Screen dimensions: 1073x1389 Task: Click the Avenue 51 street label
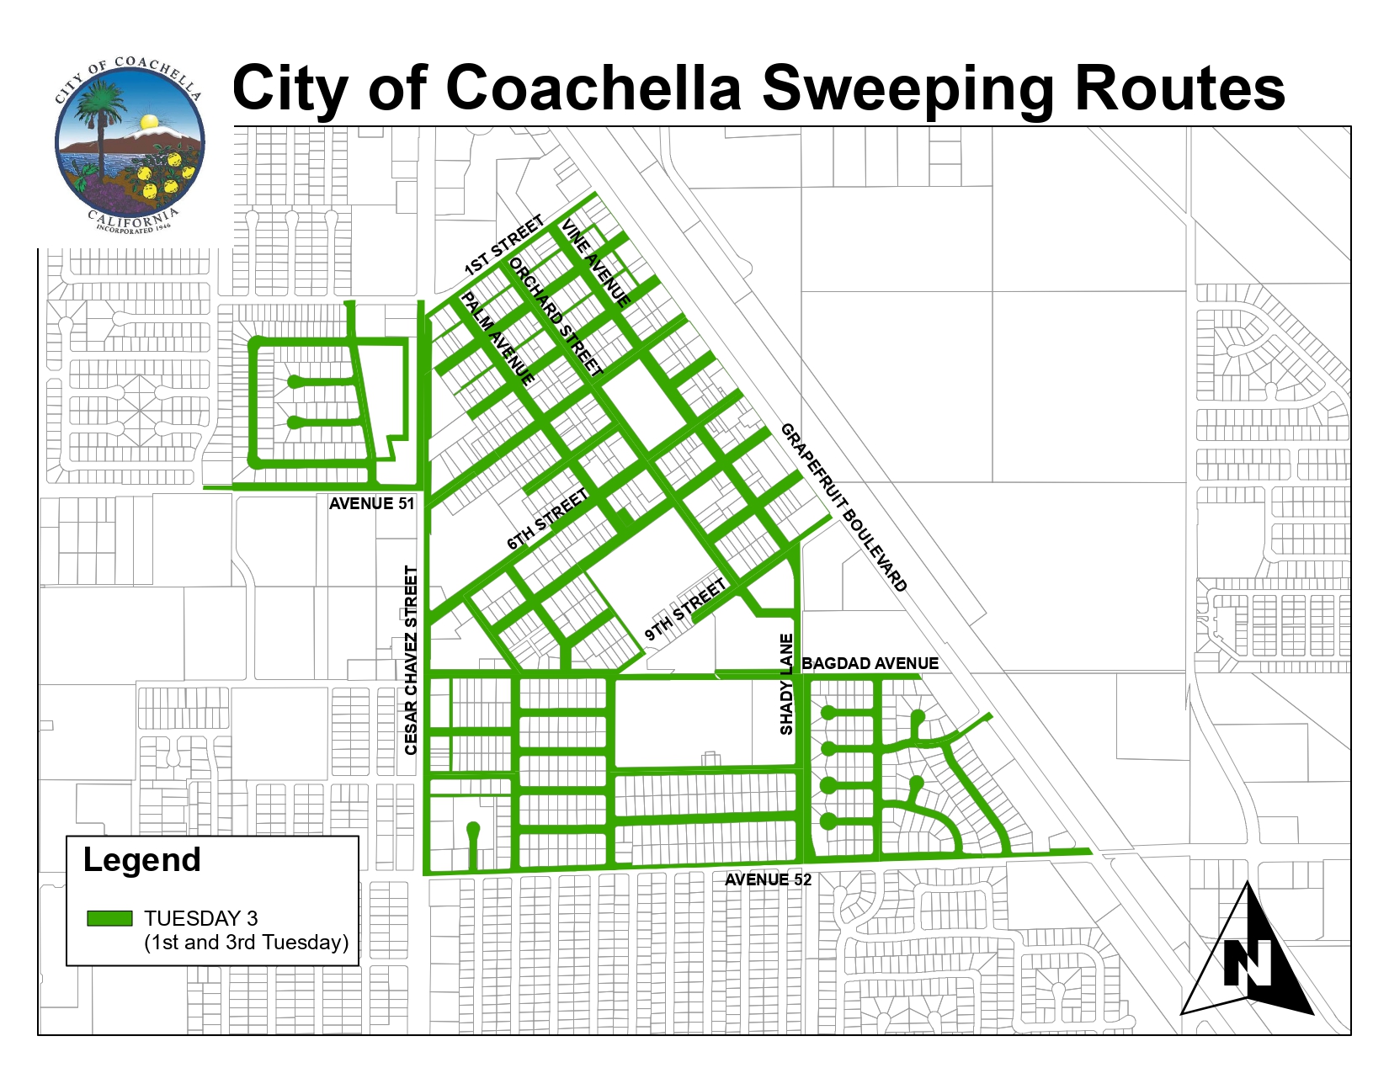(371, 503)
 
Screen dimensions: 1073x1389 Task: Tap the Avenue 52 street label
(768, 879)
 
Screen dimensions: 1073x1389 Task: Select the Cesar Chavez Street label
(411, 660)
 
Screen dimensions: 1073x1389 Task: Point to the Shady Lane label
(786, 684)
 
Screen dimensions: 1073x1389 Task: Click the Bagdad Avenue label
(870, 663)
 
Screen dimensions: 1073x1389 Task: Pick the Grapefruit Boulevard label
(844, 507)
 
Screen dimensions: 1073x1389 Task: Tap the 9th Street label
(684, 609)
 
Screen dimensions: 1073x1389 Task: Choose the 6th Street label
(547, 520)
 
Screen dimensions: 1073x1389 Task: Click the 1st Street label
(504, 246)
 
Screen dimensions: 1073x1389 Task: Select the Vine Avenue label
(596, 263)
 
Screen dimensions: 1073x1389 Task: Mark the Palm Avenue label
(498, 339)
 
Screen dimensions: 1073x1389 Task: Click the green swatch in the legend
(109, 918)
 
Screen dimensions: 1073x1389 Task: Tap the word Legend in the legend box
(141, 860)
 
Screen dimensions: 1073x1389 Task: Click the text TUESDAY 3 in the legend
(200, 918)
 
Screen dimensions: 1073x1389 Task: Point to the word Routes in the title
(1180, 88)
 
